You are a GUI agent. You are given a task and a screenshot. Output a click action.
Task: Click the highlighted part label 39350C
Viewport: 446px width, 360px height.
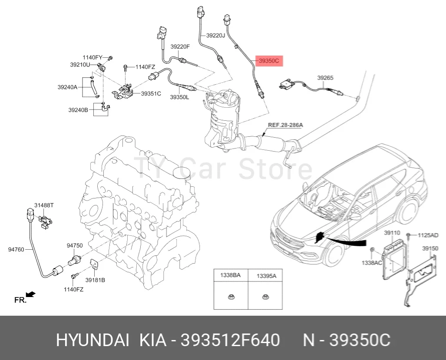click(x=269, y=61)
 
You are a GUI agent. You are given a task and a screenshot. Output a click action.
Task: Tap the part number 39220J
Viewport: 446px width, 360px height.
click(x=215, y=36)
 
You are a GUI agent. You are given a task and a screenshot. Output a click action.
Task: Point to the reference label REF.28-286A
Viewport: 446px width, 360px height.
click(x=285, y=125)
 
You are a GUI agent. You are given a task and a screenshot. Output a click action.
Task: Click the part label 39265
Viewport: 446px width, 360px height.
click(x=325, y=78)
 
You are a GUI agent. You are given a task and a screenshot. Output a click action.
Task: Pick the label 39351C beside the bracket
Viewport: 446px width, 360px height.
click(x=151, y=93)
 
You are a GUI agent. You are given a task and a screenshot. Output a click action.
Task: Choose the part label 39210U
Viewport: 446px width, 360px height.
click(x=80, y=65)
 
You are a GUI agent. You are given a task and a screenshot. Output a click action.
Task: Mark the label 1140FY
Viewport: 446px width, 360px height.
click(x=93, y=57)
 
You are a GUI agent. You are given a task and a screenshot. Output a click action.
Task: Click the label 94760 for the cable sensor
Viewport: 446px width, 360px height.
click(x=17, y=250)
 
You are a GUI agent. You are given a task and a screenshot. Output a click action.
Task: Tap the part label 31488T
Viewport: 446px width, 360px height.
click(x=44, y=205)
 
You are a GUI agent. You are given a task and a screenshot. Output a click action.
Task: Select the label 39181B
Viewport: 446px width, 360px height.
click(x=95, y=280)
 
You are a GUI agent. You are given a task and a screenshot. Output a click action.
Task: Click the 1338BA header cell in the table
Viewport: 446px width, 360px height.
click(x=230, y=275)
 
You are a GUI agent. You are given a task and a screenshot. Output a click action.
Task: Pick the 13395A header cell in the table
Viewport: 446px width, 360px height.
click(x=266, y=275)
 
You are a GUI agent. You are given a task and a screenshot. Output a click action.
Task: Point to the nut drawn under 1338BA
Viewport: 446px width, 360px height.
click(x=231, y=297)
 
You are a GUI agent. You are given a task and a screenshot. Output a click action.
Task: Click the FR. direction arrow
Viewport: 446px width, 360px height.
click(x=30, y=295)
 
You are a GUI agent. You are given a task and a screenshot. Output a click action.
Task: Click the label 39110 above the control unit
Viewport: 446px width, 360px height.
click(x=392, y=233)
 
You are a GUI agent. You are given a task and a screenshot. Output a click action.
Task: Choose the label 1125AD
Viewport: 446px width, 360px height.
click(x=428, y=235)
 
